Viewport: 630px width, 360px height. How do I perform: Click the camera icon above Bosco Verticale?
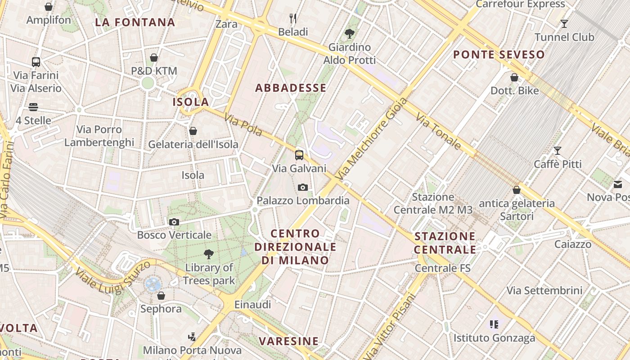[x=174, y=222]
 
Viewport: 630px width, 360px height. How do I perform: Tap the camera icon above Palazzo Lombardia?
[x=303, y=187]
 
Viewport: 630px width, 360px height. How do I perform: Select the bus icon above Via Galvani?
[x=299, y=155]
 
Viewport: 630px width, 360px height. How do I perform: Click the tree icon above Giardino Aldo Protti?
[x=349, y=33]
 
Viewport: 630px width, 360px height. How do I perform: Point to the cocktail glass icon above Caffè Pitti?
[x=558, y=151]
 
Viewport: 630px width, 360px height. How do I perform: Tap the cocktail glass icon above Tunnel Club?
[x=564, y=23]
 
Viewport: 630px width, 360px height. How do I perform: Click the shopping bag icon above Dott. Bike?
[x=514, y=77]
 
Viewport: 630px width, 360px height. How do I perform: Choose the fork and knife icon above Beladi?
[x=293, y=18]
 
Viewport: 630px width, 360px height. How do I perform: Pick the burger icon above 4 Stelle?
[x=33, y=107]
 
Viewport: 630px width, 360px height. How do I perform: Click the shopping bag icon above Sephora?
[x=161, y=296]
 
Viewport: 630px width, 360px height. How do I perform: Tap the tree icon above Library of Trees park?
[x=209, y=254]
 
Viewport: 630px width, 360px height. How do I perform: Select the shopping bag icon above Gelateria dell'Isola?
[x=193, y=131]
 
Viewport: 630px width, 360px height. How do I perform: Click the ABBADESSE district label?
[x=291, y=88]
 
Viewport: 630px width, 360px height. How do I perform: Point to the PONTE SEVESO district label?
[x=499, y=55]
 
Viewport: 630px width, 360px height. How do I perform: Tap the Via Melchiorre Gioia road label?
[x=372, y=140]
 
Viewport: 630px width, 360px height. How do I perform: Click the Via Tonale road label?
[x=438, y=131]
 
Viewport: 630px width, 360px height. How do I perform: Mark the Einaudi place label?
[x=253, y=305]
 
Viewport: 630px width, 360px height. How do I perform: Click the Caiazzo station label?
[x=572, y=244]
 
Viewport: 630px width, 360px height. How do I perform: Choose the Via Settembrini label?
[x=544, y=290]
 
